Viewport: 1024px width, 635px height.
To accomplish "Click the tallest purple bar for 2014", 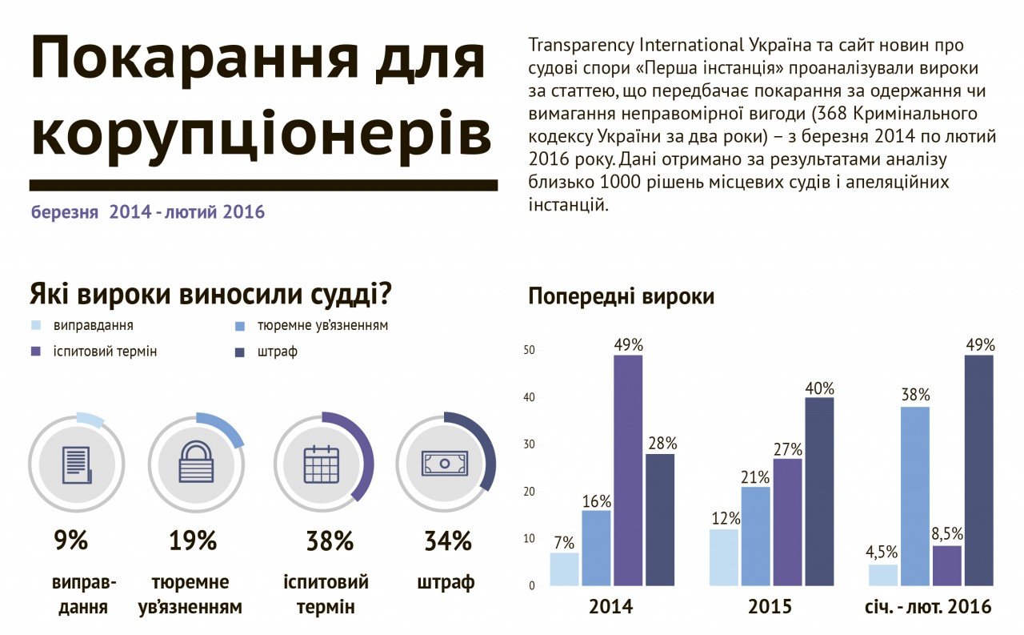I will [628, 470].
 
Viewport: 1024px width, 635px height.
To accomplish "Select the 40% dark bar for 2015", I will [819, 491].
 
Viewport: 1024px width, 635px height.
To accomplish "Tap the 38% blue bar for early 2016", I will [915, 496].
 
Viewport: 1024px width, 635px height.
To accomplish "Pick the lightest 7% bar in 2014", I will [564, 569].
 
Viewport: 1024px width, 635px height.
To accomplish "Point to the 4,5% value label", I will [882, 553].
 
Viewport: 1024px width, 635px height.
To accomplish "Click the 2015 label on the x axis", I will [770, 607].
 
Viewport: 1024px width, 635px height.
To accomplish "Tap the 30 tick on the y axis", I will [529, 444].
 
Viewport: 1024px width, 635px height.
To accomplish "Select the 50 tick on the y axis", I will [529, 351].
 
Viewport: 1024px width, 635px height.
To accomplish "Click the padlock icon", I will [196, 463].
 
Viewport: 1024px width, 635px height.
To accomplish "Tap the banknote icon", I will [445, 463].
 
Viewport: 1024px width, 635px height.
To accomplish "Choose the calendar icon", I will [322, 464].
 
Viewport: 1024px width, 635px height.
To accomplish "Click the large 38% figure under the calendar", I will [330, 541].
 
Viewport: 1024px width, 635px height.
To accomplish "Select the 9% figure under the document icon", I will [71, 541].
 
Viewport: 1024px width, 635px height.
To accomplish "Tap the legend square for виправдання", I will [36, 327].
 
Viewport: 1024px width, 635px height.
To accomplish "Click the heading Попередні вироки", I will [621, 296].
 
